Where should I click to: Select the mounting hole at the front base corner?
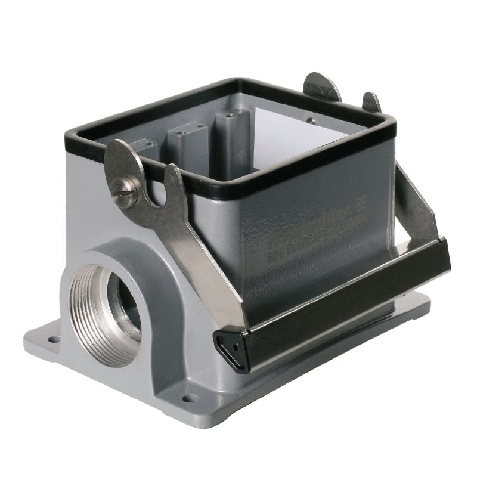coord(190,398)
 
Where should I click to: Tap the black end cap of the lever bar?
coord(232,351)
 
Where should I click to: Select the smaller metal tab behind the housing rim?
coord(371,102)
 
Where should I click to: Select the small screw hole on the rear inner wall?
coord(309,120)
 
